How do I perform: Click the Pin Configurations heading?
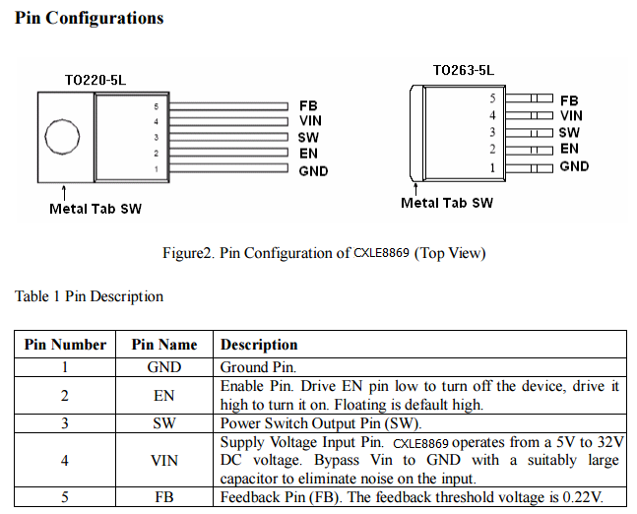[90, 18]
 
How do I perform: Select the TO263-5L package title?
[463, 70]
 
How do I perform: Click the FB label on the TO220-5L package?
[308, 104]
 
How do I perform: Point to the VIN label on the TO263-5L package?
[571, 116]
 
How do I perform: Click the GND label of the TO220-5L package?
[313, 171]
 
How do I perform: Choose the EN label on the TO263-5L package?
[569, 149]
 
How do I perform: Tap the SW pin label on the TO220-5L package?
[308, 138]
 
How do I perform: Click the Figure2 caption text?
[324, 253]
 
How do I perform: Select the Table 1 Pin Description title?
[89, 296]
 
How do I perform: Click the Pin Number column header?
[65, 345]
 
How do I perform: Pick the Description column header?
[259, 345]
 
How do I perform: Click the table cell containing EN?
[164, 395]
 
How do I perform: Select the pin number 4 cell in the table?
[65, 460]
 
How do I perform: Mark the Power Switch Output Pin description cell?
[320, 423]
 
